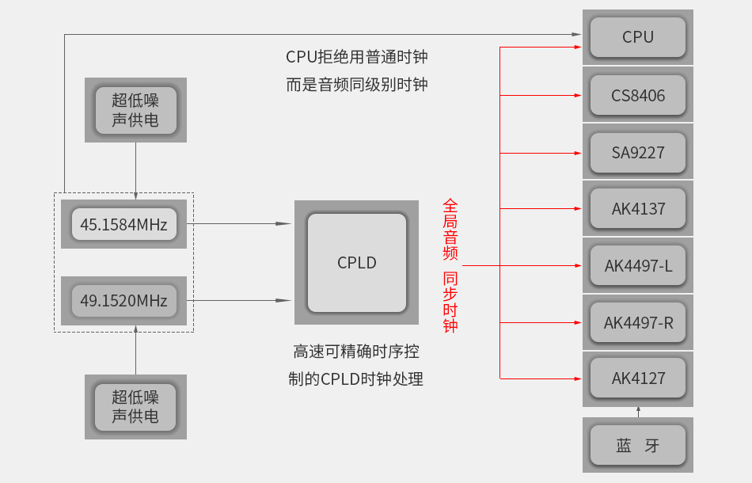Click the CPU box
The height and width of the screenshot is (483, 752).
click(x=638, y=37)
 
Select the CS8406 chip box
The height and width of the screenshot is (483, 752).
click(x=638, y=96)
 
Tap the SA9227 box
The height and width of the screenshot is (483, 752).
click(x=638, y=152)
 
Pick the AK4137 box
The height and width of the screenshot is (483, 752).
click(x=638, y=209)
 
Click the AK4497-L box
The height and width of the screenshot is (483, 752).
click(x=638, y=266)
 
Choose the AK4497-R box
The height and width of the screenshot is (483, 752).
click(x=638, y=323)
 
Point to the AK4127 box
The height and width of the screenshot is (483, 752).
click(x=638, y=378)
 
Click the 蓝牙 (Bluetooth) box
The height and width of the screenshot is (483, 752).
click(x=638, y=445)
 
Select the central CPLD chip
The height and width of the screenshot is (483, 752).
click(x=357, y=263)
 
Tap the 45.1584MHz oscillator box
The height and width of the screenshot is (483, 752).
click(x=123, y=225)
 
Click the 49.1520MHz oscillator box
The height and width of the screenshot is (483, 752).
click(x=123, y=301)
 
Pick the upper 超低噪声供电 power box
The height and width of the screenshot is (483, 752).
click(x=135, y=110)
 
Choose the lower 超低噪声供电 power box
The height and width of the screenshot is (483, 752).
click(x=135, y=407)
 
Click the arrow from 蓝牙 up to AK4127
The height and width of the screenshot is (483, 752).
click(x=638, y=412)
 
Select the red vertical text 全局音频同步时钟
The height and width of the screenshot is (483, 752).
click(x=450, y=266)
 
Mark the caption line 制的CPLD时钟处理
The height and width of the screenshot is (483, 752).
click(x=356, y=379)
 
